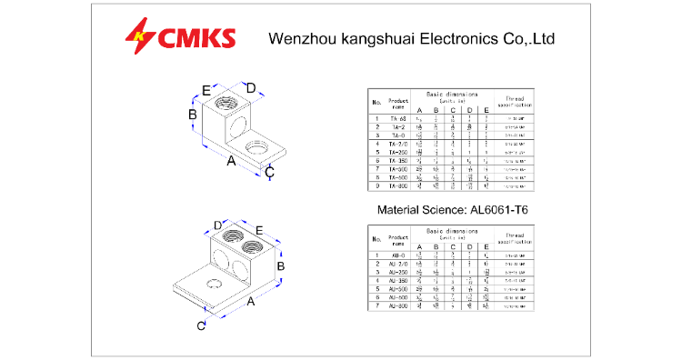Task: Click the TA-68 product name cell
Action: (397, 118)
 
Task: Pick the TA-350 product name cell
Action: (397, 160)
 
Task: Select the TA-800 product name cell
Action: (397, 185)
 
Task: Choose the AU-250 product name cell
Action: (397, 273)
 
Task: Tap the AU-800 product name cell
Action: (397, 306)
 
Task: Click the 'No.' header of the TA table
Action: (376, 100)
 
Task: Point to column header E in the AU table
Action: (487, 247)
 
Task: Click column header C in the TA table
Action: (453, 110)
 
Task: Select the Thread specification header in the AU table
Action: (514, 238)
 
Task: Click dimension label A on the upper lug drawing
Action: (231, 160)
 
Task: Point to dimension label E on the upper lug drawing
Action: (206, 89)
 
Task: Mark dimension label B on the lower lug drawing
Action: (282, 265)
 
